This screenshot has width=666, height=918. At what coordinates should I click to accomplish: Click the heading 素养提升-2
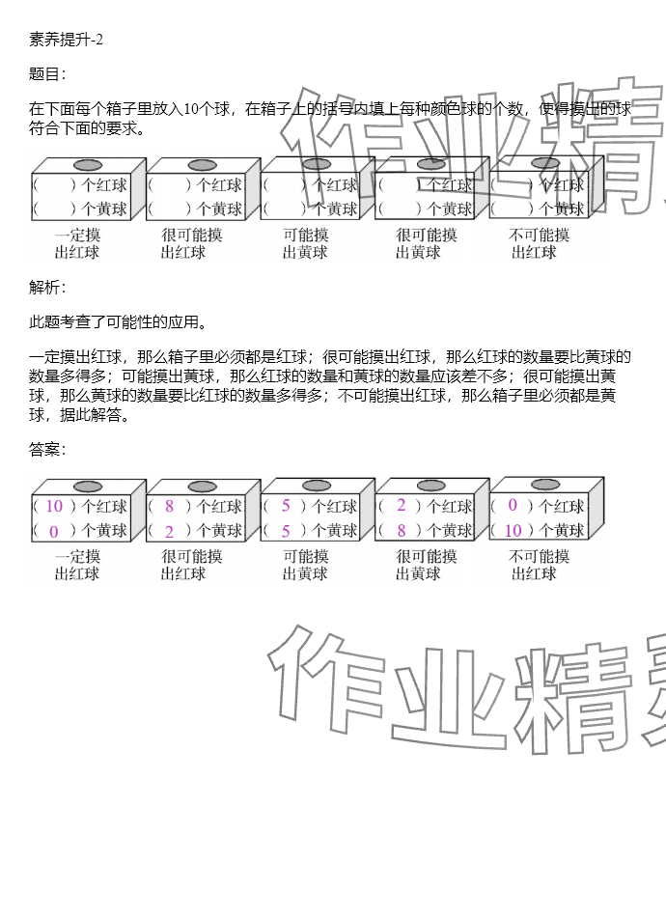coord(66,40)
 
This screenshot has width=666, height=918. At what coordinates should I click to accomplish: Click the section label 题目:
coord(47,74)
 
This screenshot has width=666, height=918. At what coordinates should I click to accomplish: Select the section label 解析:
coord(47,287)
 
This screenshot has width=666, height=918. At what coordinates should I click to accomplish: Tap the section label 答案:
coord(47,449)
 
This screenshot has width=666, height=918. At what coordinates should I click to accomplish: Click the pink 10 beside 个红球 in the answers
coord(54,506)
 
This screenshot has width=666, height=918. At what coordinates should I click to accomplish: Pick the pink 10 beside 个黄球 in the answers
coord(513,530)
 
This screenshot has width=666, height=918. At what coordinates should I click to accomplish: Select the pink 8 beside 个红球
coord(169,506)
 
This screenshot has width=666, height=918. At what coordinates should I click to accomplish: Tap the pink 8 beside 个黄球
coord(401,530)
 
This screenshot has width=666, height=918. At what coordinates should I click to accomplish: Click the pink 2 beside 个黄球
coord(169,531)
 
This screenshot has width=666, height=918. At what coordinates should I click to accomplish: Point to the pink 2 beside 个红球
coord(401,505)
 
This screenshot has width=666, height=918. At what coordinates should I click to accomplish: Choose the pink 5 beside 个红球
coord(286,506)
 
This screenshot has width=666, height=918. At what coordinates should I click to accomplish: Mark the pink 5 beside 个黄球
coord(286,531)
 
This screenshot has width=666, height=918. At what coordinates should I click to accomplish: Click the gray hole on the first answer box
coord(88,487)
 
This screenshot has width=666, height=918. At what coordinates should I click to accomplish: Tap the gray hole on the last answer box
coord(545,485)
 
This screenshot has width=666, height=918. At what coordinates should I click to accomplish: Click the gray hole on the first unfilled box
coord(88,166)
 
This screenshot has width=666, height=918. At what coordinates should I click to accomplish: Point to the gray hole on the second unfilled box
coord(202,166)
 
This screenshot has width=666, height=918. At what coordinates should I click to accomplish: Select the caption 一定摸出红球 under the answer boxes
coord(77,565)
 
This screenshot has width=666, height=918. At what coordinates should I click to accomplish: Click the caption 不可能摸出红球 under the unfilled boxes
coord(538,243)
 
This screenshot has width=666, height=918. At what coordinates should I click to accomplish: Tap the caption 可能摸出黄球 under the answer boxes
coord(305,565)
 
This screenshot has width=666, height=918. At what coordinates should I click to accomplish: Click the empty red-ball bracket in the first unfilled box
coord(54,185)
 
